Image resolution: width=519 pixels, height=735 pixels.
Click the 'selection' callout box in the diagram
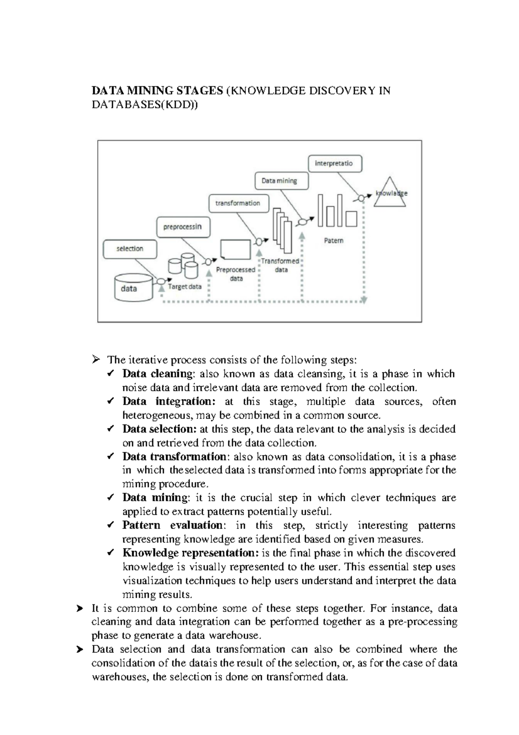pos(130,249)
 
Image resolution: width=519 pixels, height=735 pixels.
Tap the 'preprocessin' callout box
pos(183,227)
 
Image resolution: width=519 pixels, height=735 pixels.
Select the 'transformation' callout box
pos(238,203)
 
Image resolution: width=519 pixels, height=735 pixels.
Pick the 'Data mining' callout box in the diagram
pos(279,181)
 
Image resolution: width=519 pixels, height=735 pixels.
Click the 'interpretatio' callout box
pos(335,164)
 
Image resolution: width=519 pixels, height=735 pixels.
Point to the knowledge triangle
pos(390,194)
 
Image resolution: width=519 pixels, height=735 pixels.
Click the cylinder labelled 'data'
pos(133,288)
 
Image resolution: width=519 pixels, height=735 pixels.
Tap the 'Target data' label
pos(185,287)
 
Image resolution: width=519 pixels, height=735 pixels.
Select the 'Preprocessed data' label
pos(236,274)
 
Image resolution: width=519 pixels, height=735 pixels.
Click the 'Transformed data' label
pos(280,265)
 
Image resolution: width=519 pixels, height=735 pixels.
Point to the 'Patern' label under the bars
pos(333,241)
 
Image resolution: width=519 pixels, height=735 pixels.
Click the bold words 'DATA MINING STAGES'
pos(157,91)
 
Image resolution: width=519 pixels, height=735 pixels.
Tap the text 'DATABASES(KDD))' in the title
pos(144,105)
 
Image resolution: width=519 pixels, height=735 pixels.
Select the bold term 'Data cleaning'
pos(157,374)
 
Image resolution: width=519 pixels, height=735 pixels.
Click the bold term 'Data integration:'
pos(169,401)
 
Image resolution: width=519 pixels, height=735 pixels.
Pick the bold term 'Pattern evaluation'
pos(173,525)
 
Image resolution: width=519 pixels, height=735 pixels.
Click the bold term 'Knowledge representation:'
pos(191,553)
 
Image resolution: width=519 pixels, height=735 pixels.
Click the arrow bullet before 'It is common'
pos(80,609)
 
